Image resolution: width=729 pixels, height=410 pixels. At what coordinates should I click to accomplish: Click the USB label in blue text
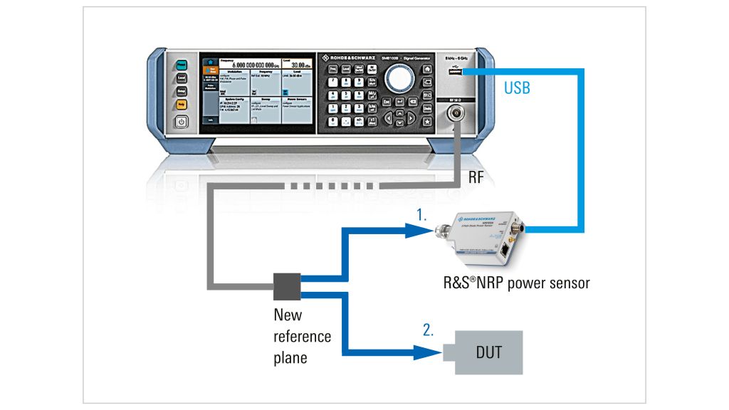(x=517, y=88)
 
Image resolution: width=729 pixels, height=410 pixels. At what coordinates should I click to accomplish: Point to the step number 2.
(x=427, y=330)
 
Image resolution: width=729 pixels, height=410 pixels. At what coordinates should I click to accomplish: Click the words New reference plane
(x=303, y=335)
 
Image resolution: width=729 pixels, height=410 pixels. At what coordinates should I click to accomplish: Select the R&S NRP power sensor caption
(x=516, y=283)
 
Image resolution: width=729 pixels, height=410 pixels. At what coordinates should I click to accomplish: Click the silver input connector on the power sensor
(x=448, y=232)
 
